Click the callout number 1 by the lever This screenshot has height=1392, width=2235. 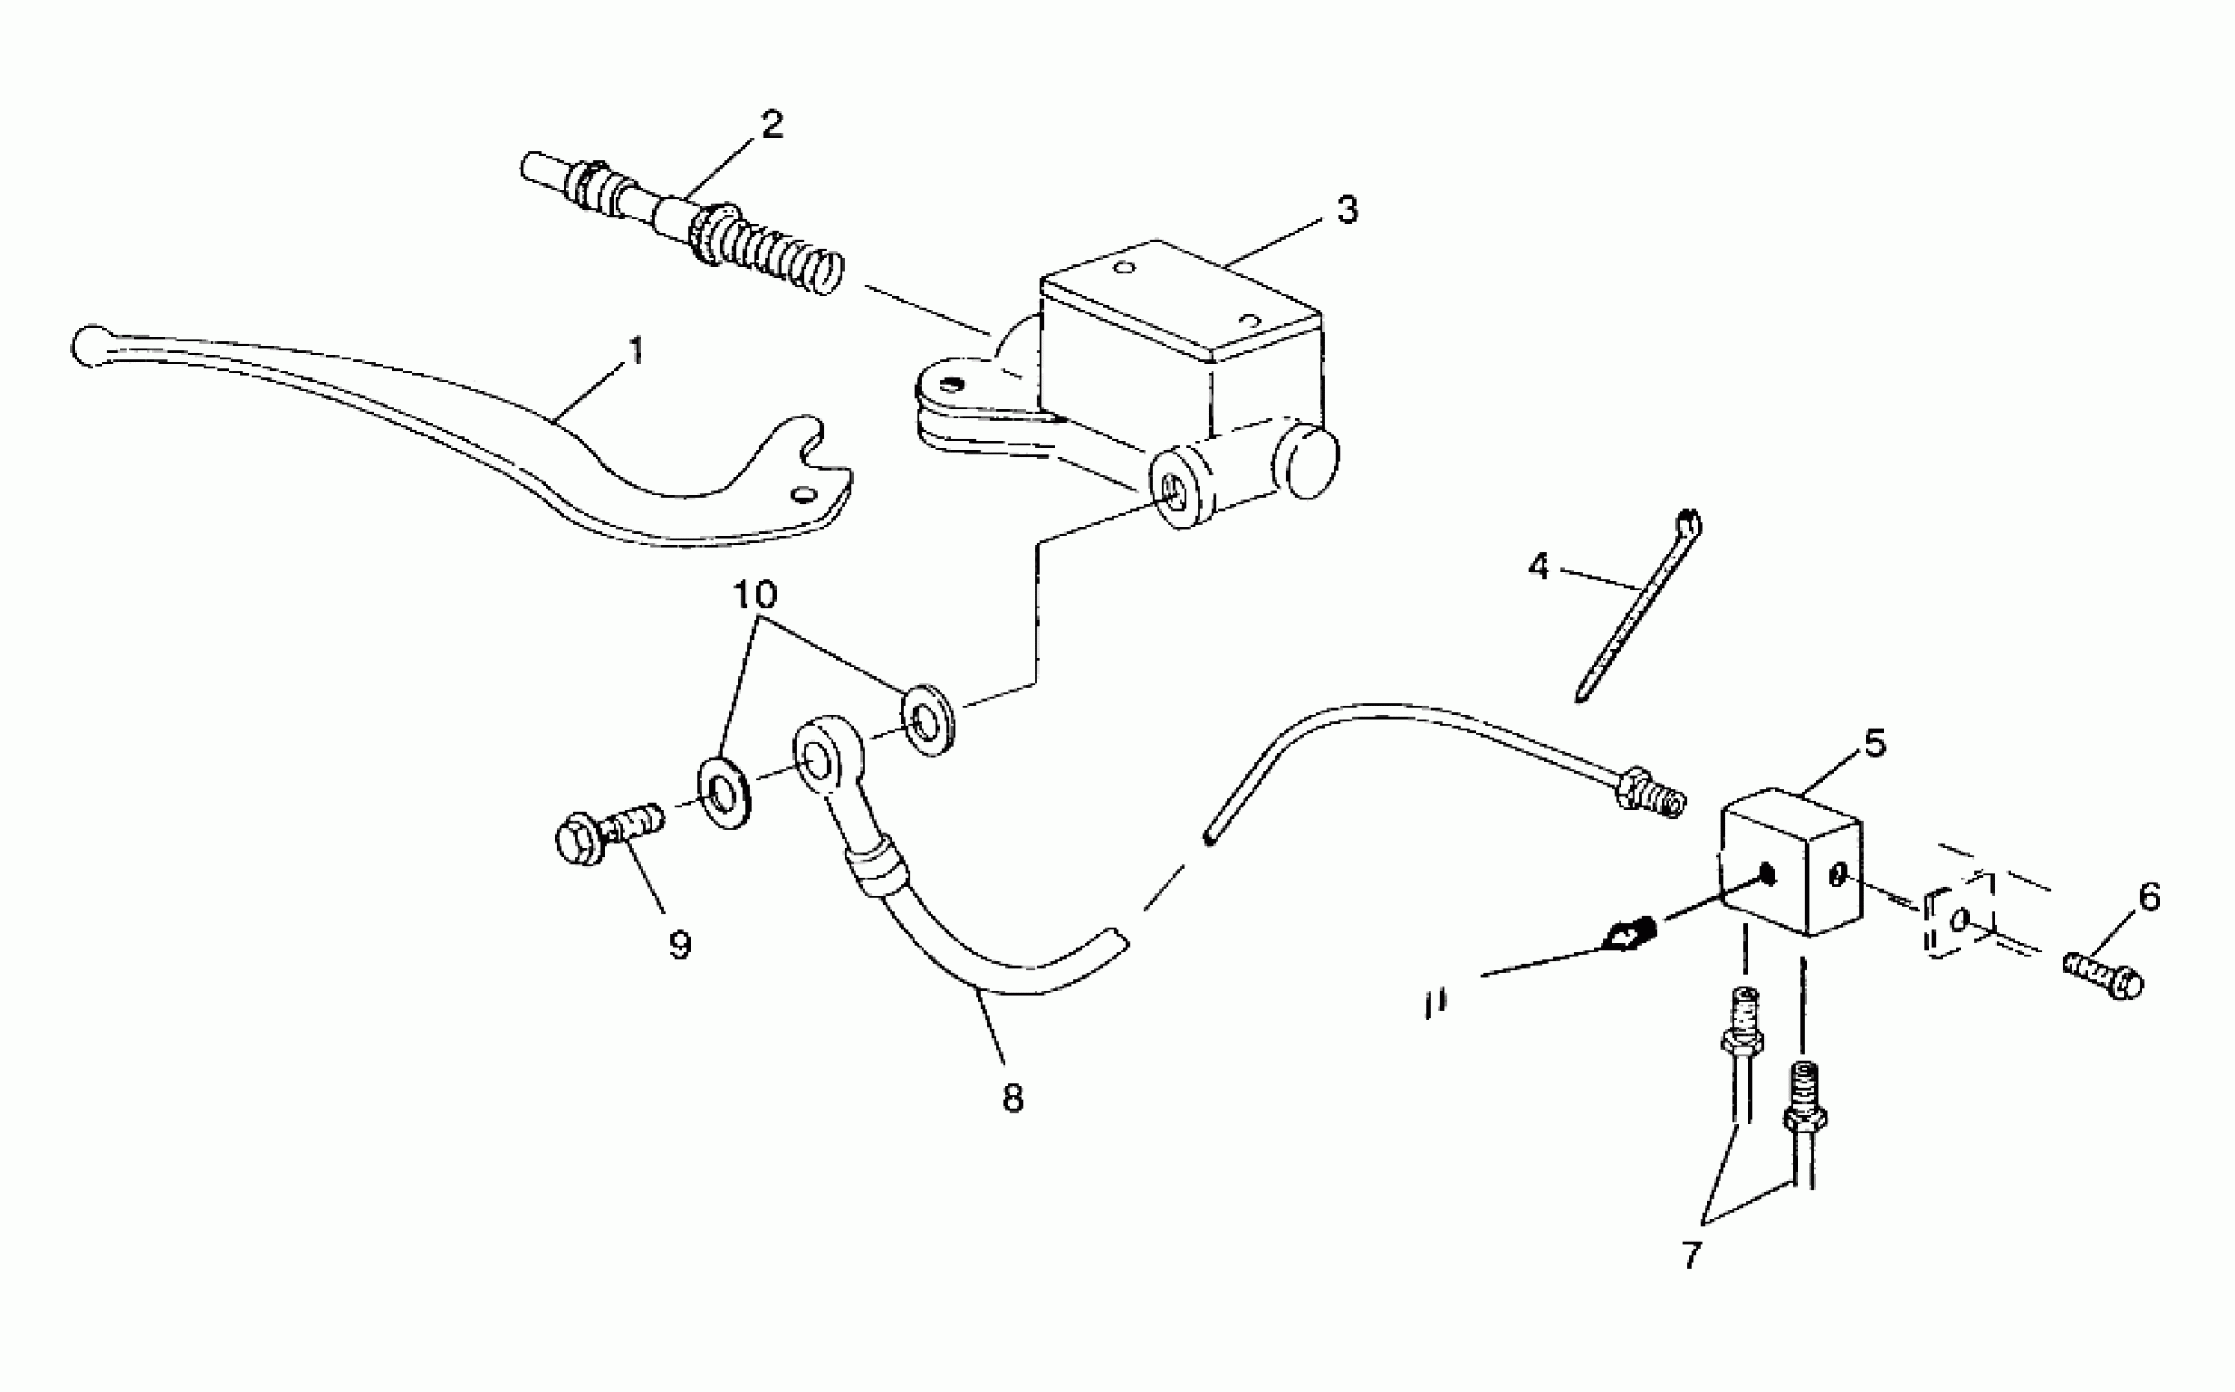point(634,350)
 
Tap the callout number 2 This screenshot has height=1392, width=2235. point(772,125)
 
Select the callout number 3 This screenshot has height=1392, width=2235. point(1346,210)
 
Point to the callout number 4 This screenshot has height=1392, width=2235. point(1538,566)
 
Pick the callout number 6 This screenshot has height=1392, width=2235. point(2148,896)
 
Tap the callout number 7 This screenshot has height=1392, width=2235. point(1693,1254)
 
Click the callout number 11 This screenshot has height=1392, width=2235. point(1434,1002)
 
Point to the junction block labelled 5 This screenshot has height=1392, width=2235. point(1791,861)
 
